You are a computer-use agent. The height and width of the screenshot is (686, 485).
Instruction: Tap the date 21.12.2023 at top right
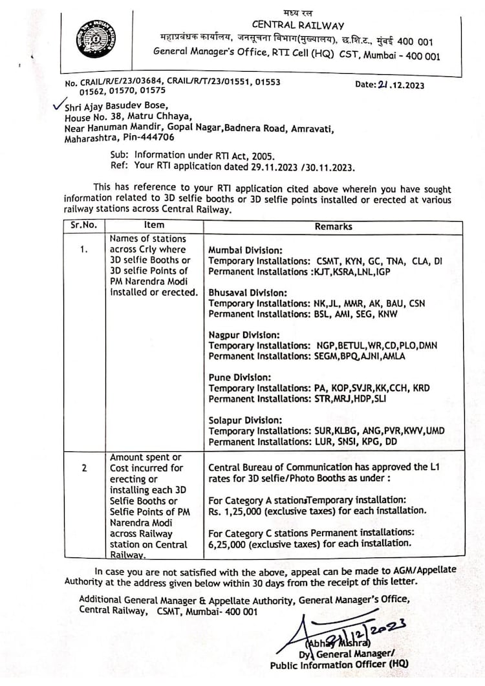point(391,85)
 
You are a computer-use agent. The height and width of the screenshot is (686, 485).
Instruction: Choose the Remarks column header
point(333,226)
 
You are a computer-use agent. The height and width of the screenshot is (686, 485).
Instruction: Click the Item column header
point(154,225)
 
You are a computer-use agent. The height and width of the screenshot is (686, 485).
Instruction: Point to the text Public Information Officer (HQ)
point(339,665)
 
